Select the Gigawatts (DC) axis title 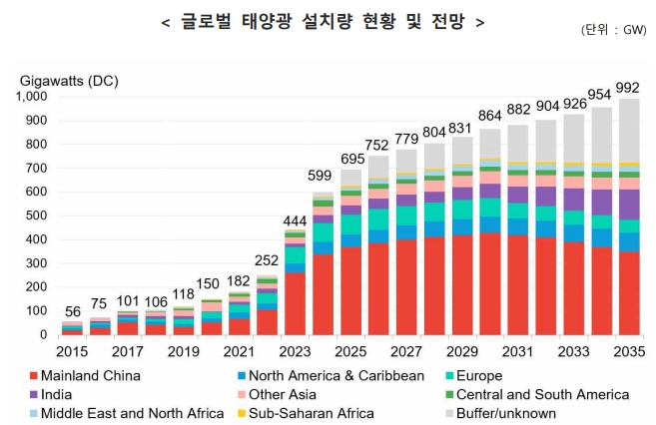pyautogui.click(x=69, y=79)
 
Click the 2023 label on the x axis pyautogui.click(x=296, y=352)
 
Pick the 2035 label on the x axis pyautogui.click(x=629, y=352)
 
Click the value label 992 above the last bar pyautogui.click(x=629, y=86)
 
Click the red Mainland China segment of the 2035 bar pyautogui.click(x=629, y=293)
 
